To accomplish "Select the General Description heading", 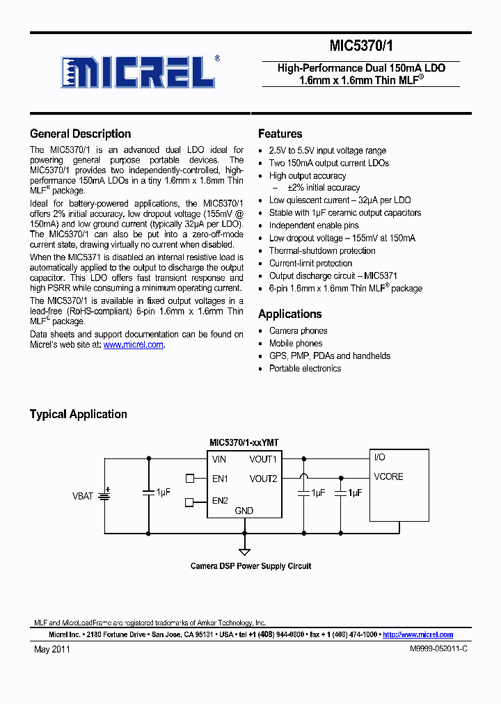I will pyautogui.click(x=80, y=134).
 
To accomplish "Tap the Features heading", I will pyautogui.click(x=280, y=134).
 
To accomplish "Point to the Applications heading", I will pyautogui.click(x=289, y=314).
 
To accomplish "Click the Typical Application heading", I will pyautogui.click(x=78, y=415).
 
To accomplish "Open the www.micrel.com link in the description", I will pyautogui.click(x=134, y=345).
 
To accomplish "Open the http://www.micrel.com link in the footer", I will pyautogui.click(x=417, y=634).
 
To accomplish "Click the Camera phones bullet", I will pyautogui.click(x=298, y=331).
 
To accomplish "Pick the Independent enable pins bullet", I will pyautogui.click(x=314, y=225).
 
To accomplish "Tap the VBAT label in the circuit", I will pyautogui.click(x=82, y=497).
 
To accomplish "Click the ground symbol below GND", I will pyautogui.click(x=244, y=551).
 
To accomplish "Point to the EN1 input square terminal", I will pyautogui.click(x=190, y=478).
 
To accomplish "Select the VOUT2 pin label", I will pyautogui.click(x=263, y=479).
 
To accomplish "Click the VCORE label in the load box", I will pyautogui.click(x=388, y=477).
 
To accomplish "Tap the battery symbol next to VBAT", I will pyautogui.click(x=104, y=495).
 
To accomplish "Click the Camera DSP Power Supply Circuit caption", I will pyautogui.click(x=250, y=566).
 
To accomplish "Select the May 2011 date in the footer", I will pyautogui.click(x=52, y=649).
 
